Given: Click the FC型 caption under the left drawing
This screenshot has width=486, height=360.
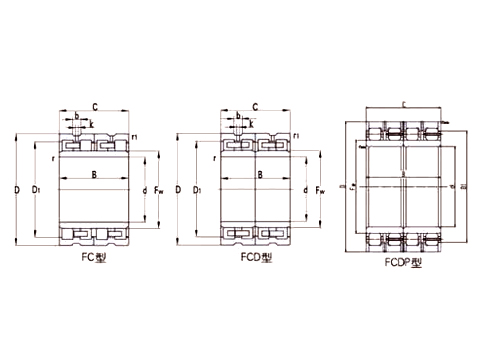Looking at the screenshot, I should tap(93, 256).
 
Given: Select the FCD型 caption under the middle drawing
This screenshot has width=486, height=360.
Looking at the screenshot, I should tap(255, 256).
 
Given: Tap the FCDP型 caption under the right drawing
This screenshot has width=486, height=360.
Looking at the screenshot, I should tap(404, 262).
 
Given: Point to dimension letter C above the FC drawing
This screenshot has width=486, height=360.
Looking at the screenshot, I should tap(94, 105).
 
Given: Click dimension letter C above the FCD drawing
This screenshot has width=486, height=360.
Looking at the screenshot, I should tap(256, 105).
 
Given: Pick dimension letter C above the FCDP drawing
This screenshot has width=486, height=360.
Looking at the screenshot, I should tap(403, 103).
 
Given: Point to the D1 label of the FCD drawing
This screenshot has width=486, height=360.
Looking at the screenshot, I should tap(200, 188).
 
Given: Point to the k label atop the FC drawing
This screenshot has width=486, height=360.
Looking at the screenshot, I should tap(93, 124).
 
